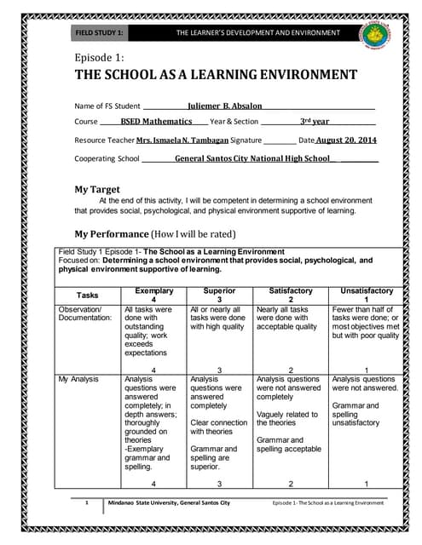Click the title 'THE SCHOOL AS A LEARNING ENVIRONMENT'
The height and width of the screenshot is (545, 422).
[x=217, y=75]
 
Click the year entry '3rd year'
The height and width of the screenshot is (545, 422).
[x=314, y=123]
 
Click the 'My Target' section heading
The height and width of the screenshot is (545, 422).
[x=97, y=189]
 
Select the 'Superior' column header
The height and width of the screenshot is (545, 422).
[x=218, y=291]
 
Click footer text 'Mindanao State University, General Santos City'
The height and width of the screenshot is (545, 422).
[x=168, y=503]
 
